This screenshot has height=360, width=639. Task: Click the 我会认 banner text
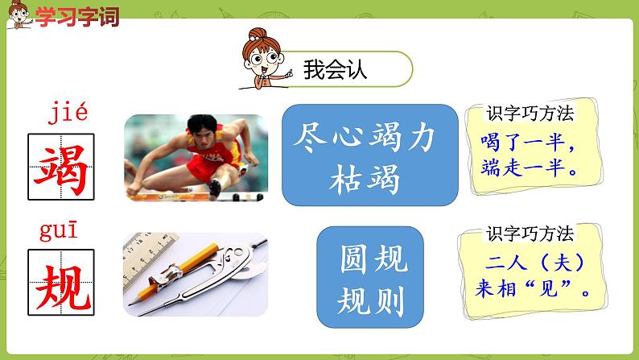[335, 70]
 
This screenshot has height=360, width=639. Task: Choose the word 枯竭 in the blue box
[369, 180]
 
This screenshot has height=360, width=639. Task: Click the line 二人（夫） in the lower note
[535, 263]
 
